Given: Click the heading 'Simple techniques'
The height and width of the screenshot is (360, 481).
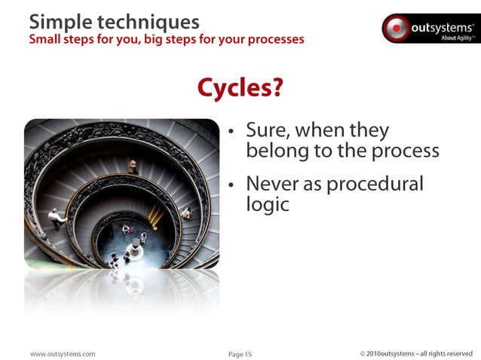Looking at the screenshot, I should click(x=114, y=20).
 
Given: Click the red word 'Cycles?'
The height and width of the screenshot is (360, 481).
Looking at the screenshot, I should click(x=240, y=89).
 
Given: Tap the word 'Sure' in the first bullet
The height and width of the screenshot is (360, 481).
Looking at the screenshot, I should click(x=268, y=131).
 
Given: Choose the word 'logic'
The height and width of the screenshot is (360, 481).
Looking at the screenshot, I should click(x=268, y=204).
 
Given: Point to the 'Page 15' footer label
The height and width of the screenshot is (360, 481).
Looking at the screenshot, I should click(x=240, y=353).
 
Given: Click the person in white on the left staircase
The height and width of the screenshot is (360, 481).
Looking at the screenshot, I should click(x=55, y=218).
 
